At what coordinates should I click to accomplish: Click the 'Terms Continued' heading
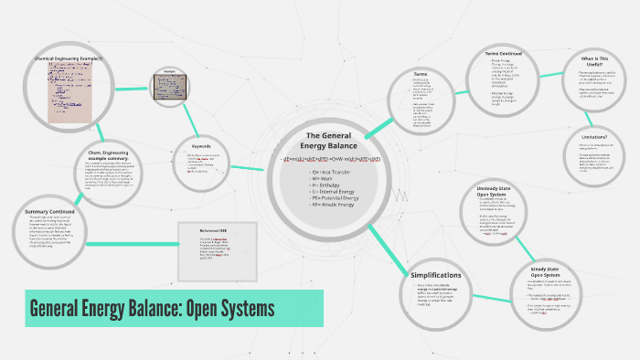(504, 55)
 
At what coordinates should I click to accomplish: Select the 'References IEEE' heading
(216, 230)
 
